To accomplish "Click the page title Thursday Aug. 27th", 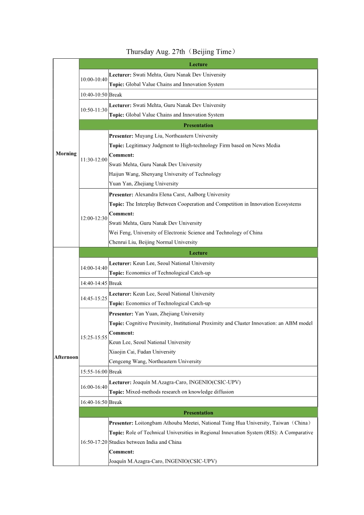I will [181, 51].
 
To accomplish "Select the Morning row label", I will [66, 153].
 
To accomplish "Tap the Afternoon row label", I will [66, 357].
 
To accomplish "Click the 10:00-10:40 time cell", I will [94, 79].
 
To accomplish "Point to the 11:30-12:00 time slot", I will [94, 160].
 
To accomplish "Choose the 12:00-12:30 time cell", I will [94, 218].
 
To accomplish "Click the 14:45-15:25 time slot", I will [94, 298].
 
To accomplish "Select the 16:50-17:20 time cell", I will [94, 442].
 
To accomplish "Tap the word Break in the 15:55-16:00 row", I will [116, 372].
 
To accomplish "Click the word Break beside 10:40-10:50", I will [116, 95].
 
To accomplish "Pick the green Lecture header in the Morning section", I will [198, 64].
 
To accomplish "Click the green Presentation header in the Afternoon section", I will [198, 413].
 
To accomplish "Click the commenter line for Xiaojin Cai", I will [142, 352].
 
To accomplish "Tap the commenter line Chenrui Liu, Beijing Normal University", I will [153, 242].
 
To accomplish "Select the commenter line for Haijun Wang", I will [165, 174].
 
